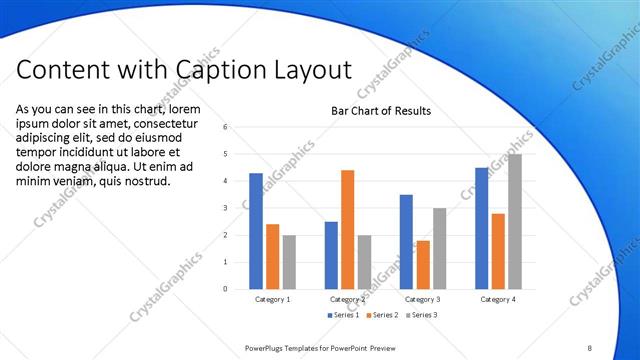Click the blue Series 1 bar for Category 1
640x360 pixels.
256,231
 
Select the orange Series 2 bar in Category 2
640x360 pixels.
347,229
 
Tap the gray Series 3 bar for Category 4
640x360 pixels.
515,221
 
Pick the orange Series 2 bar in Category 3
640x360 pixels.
423,264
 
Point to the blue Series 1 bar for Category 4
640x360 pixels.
481,228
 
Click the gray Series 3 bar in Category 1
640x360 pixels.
289,262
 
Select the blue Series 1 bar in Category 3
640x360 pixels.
406,241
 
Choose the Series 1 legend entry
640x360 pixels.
343,315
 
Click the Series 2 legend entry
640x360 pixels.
384,315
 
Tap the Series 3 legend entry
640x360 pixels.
422,315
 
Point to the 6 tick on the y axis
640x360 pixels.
226,127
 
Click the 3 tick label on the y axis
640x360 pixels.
226,208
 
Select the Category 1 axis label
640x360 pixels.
272,299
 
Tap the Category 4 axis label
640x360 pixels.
497,299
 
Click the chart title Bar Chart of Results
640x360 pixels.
381,111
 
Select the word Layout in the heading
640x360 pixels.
310,72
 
